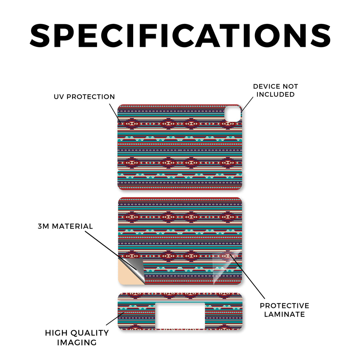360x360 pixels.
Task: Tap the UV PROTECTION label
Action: pos(84,97)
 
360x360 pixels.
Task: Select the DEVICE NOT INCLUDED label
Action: pos(275,90)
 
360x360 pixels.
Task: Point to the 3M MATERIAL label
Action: pos(65,226)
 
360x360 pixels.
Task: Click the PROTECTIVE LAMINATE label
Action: pos(284,310)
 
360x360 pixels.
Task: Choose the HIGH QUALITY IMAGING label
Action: pos(77,337)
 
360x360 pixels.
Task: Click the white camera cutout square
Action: pos(232,114)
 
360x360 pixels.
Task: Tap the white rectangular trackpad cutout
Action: pos(180,315)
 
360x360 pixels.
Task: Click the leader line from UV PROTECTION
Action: pos(116,112)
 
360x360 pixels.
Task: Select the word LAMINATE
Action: pos(284,314)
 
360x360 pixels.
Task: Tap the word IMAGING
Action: pos(77,342)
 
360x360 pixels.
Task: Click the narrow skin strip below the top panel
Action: pos(180,181)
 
